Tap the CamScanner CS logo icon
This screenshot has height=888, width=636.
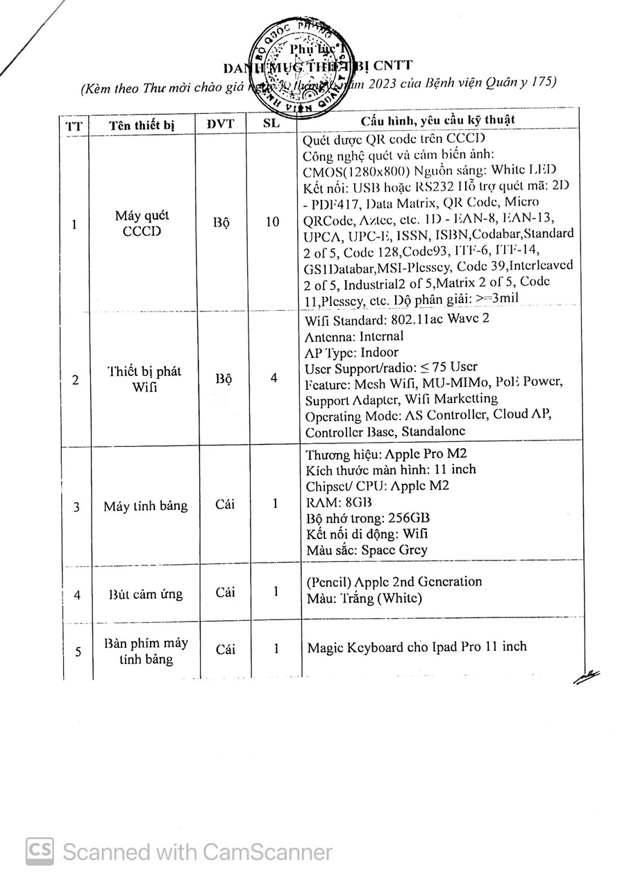tap(40, 851)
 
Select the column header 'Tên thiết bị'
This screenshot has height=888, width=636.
tap(142, 124)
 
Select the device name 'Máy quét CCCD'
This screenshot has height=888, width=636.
tap(142, 223)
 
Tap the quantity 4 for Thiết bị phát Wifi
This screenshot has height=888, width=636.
tap(274, 378)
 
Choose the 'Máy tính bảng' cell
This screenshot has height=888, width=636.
tap(145, 506)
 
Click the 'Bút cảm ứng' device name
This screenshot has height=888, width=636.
tap(145, 594)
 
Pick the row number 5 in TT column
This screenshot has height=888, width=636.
tap(77, 651)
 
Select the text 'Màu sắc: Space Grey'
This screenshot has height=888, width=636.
tap(366, 550)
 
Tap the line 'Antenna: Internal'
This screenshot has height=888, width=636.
tap(353, 336)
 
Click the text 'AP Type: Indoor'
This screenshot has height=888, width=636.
tap(351, 352)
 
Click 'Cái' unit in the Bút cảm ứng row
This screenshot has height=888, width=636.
tap(225, 592)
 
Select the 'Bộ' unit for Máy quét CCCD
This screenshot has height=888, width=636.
tap(223, 223)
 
